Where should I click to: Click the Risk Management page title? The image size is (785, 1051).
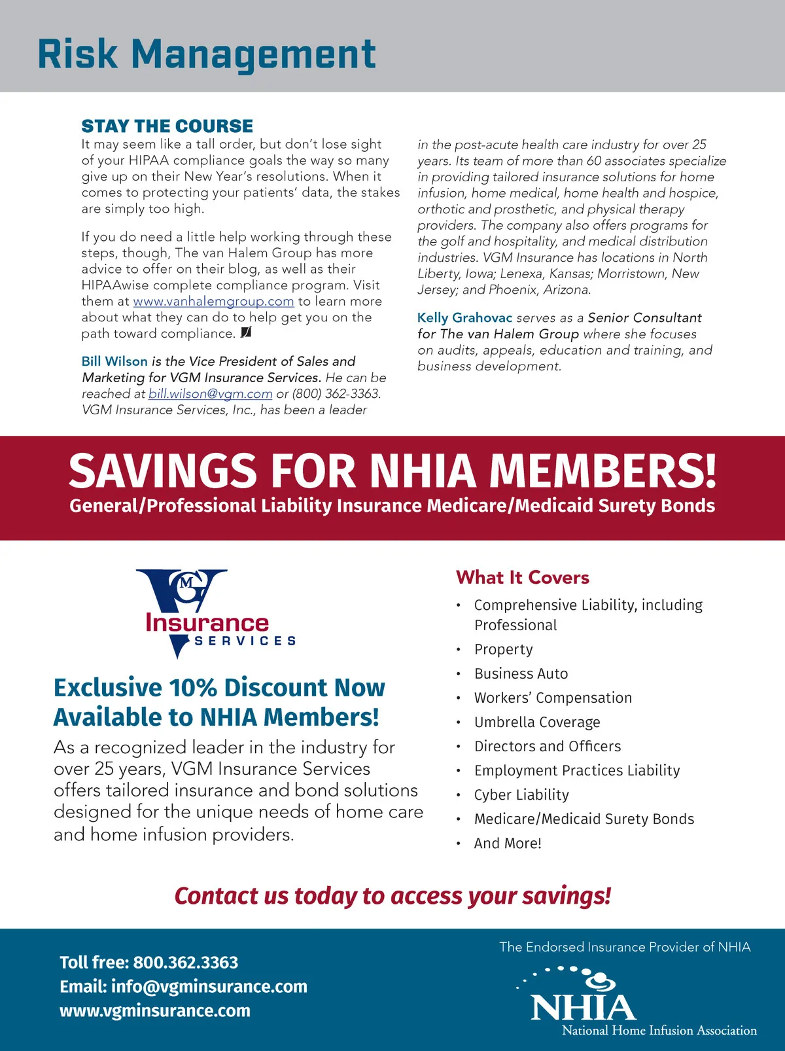pos(207,54)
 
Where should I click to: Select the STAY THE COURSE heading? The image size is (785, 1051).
pos(167,126)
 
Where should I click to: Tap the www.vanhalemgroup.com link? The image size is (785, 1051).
pos(213,302)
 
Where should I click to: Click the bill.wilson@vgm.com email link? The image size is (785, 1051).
pos(210,394)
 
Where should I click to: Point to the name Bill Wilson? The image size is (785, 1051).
pos(114,361)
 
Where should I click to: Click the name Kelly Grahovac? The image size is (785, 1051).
pos(464,318)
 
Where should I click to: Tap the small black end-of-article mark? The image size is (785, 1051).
pos(246,333)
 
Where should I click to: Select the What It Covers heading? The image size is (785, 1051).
pos(522,577)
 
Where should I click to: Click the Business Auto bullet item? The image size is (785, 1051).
pos(521,673)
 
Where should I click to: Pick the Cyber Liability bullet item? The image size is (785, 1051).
pos(521,794)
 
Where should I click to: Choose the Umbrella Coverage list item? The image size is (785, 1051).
pos(536,722)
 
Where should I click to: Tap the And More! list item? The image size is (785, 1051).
pos(508,843)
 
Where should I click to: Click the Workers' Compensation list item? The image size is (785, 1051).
pos(553,698)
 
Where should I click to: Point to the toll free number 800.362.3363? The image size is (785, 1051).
pos(186,963)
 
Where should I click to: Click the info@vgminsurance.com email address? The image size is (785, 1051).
pos(209,986)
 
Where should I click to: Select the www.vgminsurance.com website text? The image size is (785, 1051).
pos(155,1010)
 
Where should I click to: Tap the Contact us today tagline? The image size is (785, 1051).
pos(392,896)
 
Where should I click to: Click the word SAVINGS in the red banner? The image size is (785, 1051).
pos(162,471)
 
